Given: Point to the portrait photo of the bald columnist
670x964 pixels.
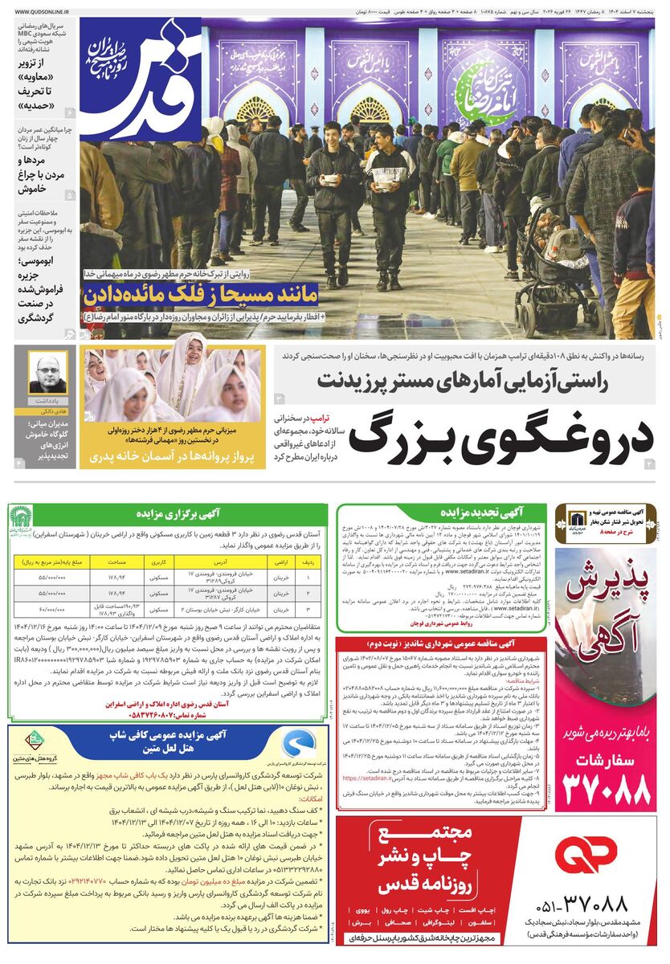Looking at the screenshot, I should [x=49, y=374].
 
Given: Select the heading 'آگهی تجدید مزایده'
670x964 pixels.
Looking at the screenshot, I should [x=469, y=511].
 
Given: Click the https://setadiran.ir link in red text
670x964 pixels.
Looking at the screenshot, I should [x=373, y=778].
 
